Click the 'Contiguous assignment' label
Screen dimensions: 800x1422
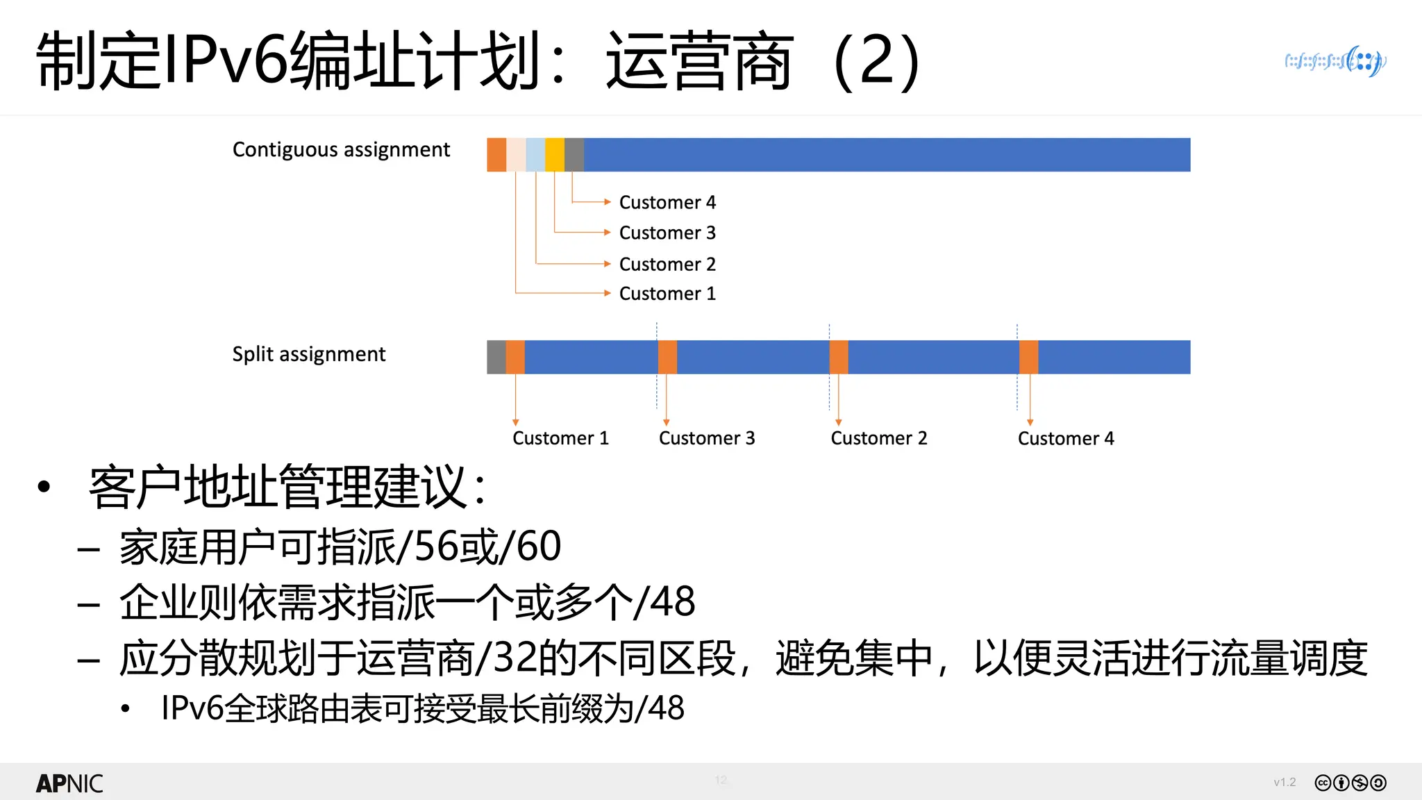coord(341,150)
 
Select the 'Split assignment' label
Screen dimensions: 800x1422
coord(308,354)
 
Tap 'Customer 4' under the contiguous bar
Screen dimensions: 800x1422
coord(667,202)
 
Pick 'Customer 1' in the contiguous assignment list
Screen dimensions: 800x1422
coord(667,294)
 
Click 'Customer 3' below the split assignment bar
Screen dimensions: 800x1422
coord(706,438)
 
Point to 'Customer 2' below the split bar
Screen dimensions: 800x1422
coord(878,438)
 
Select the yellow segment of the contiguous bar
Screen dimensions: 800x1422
coord(554,155)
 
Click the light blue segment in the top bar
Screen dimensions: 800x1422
coord(535,155)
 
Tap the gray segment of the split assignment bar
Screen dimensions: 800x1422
coord(496,357)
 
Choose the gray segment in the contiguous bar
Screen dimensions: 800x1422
coord(574,155)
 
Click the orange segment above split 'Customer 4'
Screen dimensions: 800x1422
coord(1028,357)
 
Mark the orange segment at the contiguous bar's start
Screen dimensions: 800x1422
coord(496,155)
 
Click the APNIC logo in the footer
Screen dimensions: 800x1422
coord(69,783)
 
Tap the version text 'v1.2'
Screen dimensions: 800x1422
coord(1285,783)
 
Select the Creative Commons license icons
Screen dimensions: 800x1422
coord(1350,783)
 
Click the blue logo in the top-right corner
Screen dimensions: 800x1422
coord(1335,62)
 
